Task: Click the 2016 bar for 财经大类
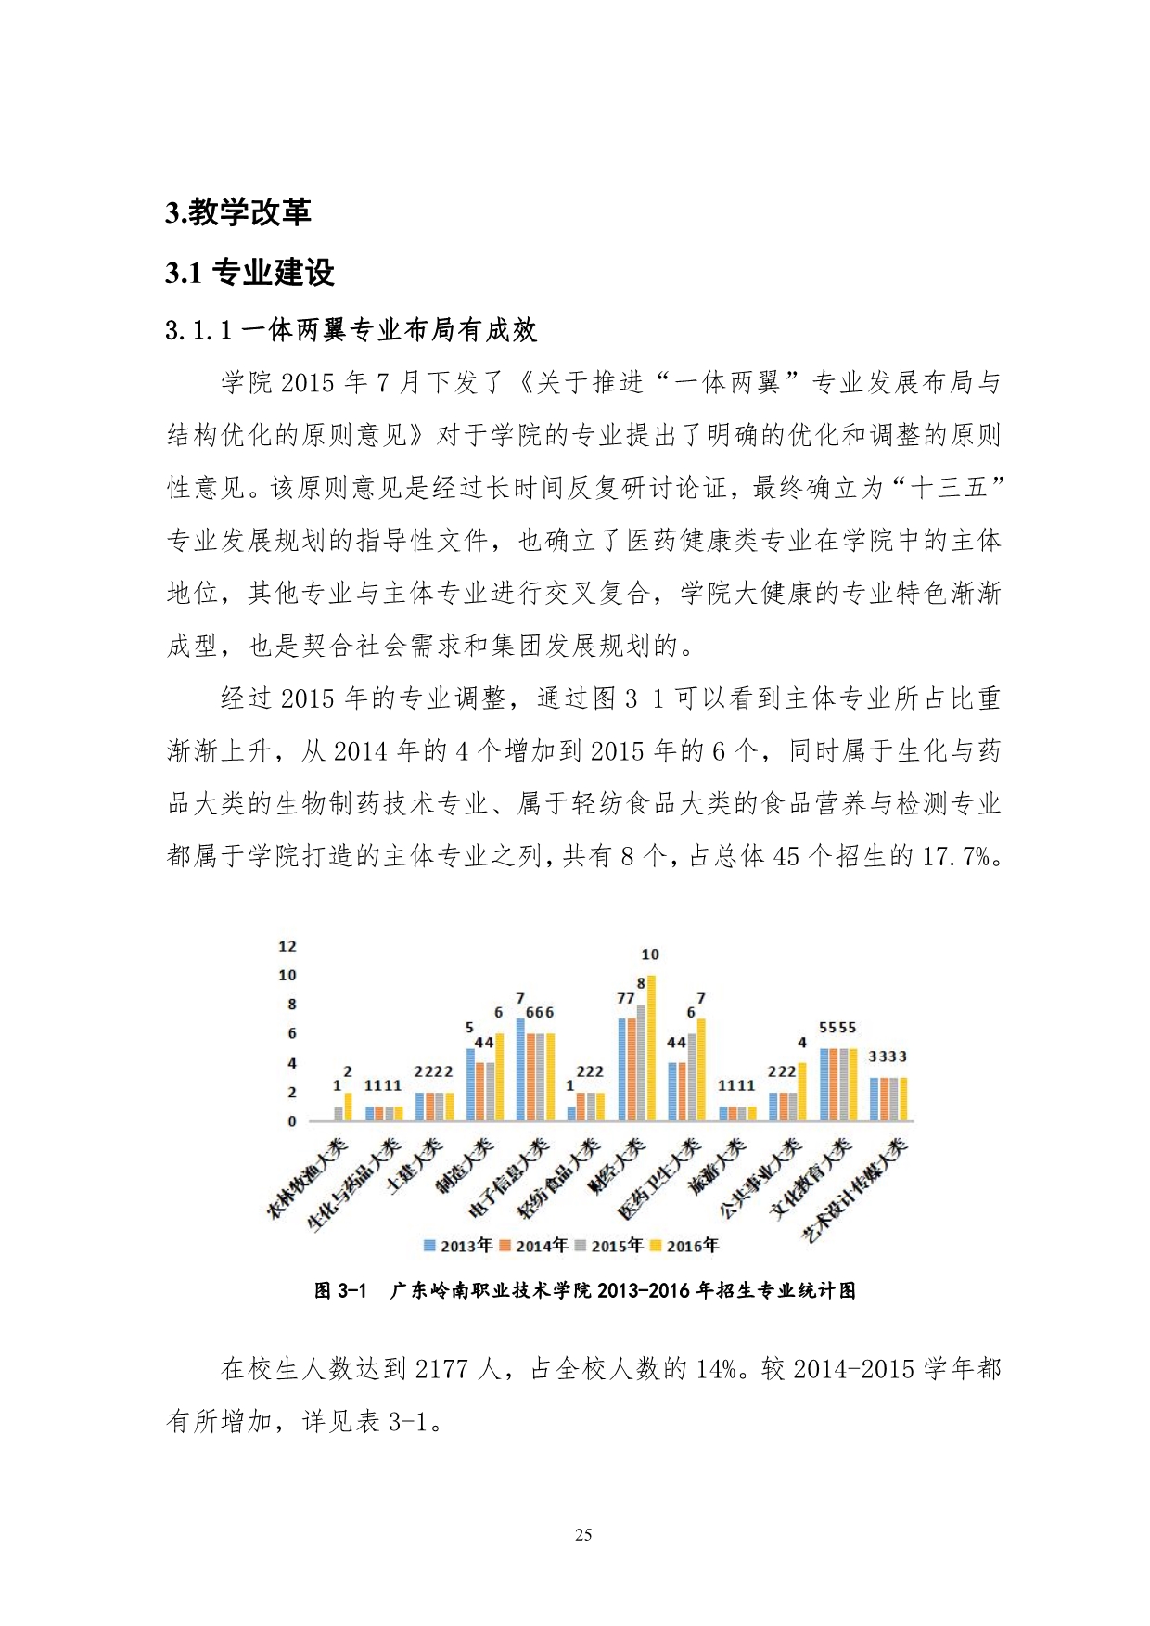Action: (x=651, y=1048)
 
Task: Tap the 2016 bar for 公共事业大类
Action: (x=802, y=1092)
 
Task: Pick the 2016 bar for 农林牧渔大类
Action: (x=349, y=1107)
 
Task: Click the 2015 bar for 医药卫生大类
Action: (x=691, y=1077)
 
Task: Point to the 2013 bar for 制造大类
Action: (x=471, y=1084)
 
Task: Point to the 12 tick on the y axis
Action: (x=287, y=946)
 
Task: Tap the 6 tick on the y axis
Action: (x=292, y=1033)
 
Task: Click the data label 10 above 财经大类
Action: (x=650, y=954)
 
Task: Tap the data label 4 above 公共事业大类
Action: (x=802, y=1043)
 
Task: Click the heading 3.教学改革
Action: (x=238, y=212)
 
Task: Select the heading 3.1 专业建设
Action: (x=249, y=273)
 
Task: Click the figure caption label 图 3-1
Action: (x=340, y=1290)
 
